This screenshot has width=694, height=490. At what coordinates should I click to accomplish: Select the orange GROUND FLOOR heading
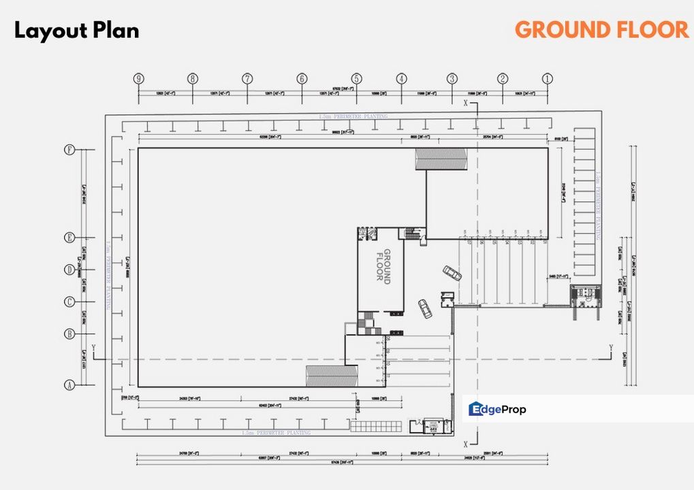point(601,30)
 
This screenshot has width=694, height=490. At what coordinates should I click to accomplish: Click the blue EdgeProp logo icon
point(476,409)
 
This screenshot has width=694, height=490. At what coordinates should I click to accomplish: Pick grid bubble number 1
point(547,79)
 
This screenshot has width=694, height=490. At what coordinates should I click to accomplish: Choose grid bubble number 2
point(503,79)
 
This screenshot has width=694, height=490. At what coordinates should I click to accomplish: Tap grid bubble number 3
point(452,79)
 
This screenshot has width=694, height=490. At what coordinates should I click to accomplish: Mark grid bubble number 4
point(402,79)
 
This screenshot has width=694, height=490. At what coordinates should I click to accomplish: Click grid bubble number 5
point(356,79)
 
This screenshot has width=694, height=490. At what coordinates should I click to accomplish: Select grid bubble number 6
point(302,79)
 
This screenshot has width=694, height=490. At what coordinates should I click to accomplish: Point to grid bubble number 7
point(247,79)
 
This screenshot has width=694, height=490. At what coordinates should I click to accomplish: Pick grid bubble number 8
point(193,79)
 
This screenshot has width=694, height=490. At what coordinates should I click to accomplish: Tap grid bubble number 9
point(139,79)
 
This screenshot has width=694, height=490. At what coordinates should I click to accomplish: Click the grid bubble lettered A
point(69,385)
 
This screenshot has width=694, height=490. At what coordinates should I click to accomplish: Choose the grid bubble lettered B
point(69,334)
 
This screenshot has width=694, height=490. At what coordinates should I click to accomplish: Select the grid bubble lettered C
point(69,302)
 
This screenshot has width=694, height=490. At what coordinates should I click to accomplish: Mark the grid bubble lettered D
point(69,269)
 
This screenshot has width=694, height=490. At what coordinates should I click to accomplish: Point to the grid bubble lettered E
point(69,238)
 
